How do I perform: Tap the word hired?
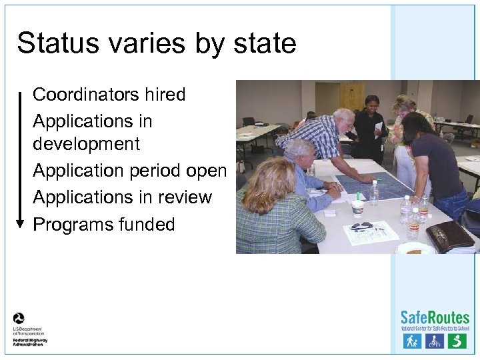163,95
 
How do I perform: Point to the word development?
86,144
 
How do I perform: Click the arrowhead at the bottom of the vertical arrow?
20,224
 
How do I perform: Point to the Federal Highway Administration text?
30,341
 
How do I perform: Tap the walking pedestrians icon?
411,341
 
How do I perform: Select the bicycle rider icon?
434,341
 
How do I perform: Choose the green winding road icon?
457,341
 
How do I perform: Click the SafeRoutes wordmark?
435,317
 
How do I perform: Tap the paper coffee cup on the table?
357,208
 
